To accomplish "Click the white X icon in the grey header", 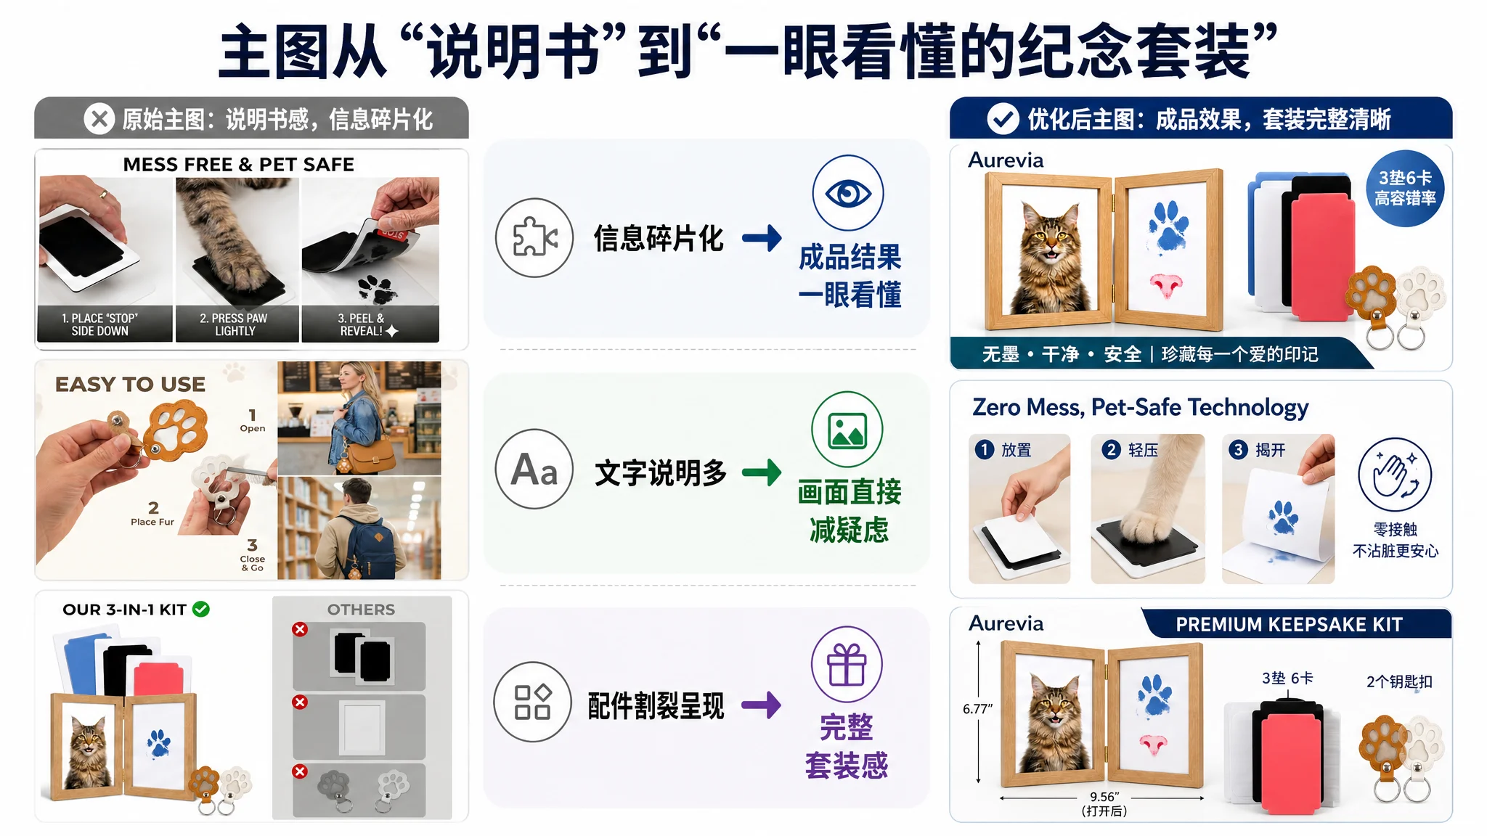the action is (99, 118).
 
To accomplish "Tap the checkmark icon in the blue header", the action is (1003, 118).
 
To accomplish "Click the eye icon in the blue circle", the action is (848, 193).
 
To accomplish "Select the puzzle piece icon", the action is (534, 237).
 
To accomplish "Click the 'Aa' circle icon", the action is (534, 469).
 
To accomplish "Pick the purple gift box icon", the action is (847, 664).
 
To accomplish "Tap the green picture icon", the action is (847, 430).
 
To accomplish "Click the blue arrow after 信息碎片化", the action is (762, 237).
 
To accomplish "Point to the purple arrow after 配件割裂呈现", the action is (762, 705).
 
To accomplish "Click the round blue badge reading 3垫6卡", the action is (1405, 189).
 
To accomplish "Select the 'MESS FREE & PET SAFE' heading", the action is (239, 165).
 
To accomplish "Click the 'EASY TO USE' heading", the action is (131, 384).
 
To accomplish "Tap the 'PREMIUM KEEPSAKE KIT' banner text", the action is (1289, 625).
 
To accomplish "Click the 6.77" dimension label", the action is (977, 709).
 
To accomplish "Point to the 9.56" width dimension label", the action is (1104, 797).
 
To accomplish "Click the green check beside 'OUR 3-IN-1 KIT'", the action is (201, 610).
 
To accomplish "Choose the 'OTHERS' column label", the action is (361, 610).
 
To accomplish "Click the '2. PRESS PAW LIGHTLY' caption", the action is (234, 324).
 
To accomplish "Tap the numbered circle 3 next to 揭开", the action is (1238, 450).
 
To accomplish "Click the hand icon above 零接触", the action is (1395, 475).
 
